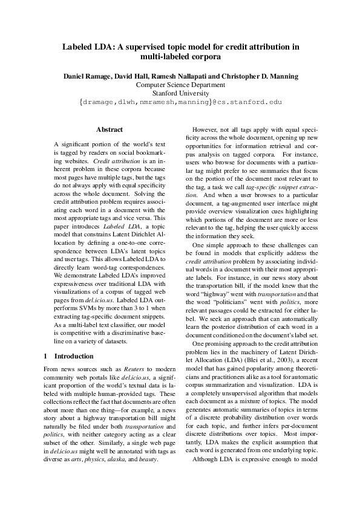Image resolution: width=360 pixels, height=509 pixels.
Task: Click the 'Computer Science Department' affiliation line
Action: point(180,85)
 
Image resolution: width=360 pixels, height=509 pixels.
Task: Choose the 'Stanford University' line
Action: point(180,94)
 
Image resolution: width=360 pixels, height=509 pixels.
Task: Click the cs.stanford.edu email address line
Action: point(180,103)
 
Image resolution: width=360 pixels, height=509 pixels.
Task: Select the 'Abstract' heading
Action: point(110,129)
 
